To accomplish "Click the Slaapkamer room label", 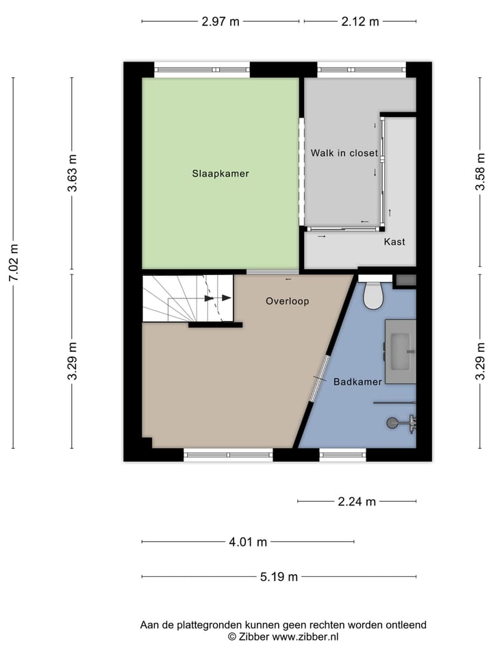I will pos(220,174).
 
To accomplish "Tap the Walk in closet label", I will pos(344,153).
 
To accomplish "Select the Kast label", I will pos(394,242).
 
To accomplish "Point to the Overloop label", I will pos(288,301).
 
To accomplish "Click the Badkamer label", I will pos(357,382).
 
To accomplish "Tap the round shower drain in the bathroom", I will pos(392,423).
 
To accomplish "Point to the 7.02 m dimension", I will pos(14,263).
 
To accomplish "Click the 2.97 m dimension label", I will pos(220,21).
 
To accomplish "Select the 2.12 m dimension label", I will pos(360,21).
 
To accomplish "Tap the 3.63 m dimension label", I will pos(72,175).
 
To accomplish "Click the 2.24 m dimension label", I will pos(357,502).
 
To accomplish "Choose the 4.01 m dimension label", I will pos(248,542).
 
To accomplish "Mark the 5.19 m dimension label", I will pos(279,577).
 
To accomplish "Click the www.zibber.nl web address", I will pos(305,636).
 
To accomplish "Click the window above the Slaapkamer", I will pos(201,69).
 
